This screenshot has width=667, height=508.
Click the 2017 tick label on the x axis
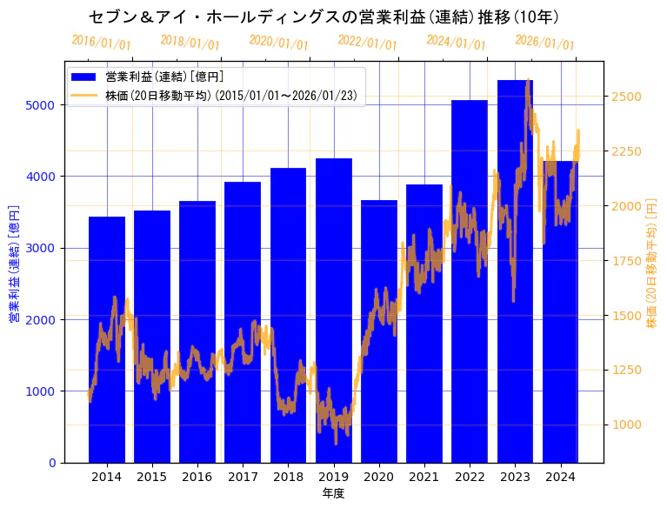click(243, 477)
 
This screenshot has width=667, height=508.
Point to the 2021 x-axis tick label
click(424, 477)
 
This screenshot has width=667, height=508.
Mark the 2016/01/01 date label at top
click(101, 42)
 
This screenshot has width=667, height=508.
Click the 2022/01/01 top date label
click(367, 42)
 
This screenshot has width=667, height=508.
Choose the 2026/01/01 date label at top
click(544, 42)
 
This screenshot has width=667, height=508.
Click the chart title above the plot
click(323, 17)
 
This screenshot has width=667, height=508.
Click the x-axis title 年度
click(333, 493)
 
